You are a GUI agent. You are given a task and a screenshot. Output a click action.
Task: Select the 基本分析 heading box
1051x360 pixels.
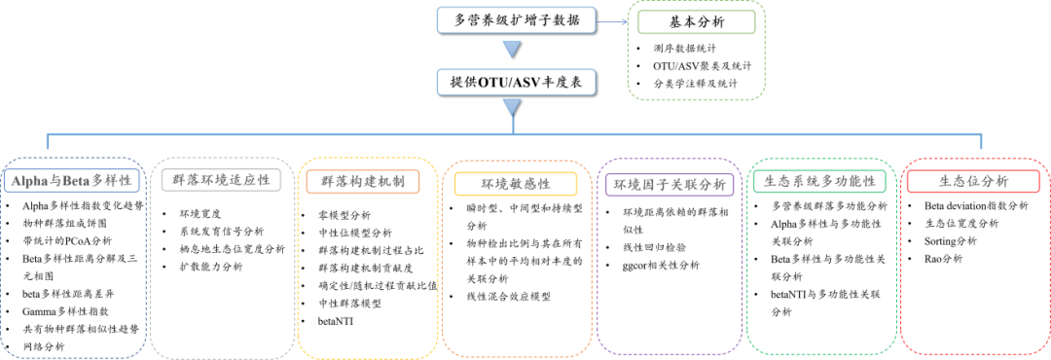coord(695,21)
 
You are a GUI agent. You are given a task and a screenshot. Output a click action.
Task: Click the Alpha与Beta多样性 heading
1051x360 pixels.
coord(73,180)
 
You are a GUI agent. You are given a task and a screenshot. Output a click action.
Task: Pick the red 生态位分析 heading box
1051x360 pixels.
coord(974,181)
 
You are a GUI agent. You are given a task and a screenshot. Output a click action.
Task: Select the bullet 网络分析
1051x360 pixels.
coord(45,345)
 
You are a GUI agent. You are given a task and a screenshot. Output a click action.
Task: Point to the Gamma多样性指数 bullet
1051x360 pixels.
coord(66,311)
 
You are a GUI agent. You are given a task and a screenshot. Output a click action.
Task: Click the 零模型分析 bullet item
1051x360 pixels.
coord(344,214)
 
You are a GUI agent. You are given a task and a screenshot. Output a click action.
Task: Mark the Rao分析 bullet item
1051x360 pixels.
coord(943,258)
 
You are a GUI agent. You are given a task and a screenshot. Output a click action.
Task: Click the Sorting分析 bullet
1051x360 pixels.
coord(950,240)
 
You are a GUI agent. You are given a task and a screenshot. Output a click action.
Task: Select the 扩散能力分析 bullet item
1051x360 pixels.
coord(211,266)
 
